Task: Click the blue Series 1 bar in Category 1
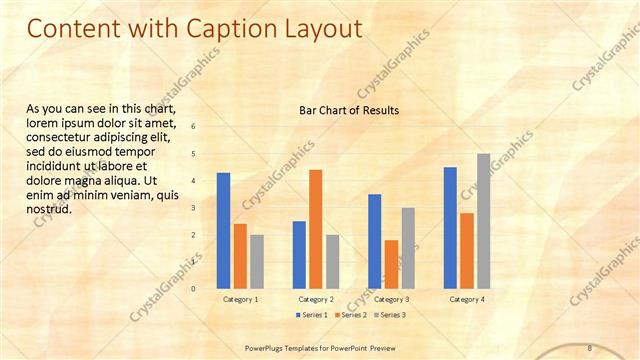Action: pyautogui.click(x=223, y=231)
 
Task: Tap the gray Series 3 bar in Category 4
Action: pyautogui.click(x=483, y=221)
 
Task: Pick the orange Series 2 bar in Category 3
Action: pyautogui.click(x=391, y=264)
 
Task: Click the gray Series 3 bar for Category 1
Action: pyautogui.click(x=257, y=262)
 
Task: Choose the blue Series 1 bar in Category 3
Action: pyautogui.click(x=374, y=241)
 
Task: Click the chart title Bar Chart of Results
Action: pyautogui.click(x=349, y=110)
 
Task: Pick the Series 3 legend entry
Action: pyautogui.click(x=389, y=315)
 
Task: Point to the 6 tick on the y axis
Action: pyautogui.click(x=194, y=126)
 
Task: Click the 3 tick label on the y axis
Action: pyautogui.click(x=194, y=207)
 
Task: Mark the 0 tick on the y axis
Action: pyautogui.click(x=194, y=288)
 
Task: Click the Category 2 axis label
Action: pyautogui.click(x=316, y=299)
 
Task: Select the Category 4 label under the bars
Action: pyautogui.click(x=467, y=299)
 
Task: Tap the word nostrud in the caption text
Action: pyautogui.click(x=48, y=209)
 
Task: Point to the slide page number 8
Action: pyautogui.click(x=590, y=347)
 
